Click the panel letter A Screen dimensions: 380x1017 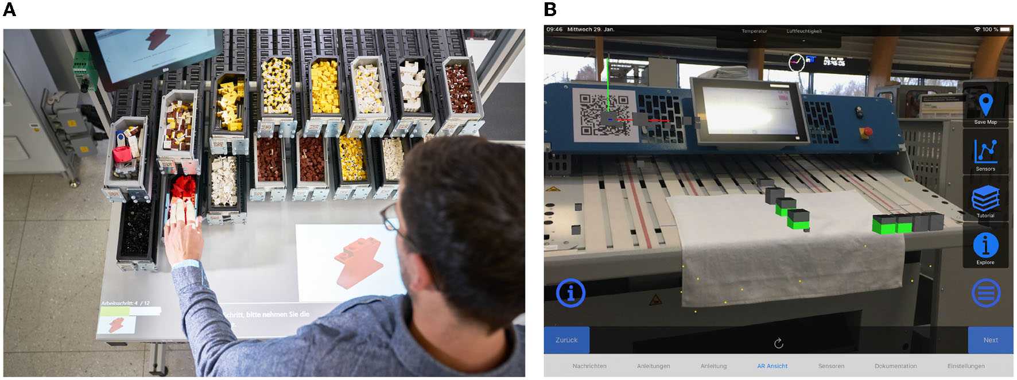coord(10,9)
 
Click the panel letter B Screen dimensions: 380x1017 coord(550,9)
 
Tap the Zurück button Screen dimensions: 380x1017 coord(566,340)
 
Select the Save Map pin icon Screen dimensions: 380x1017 coord(985,104)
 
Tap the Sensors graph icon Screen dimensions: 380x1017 coord(985,151)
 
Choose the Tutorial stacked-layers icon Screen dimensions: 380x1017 coord(985,198)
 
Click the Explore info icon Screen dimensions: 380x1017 coord(985,245)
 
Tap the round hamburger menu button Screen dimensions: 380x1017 coord(986,293)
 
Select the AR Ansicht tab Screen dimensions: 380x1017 coord(772,366)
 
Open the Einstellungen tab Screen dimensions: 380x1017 coord(966,366)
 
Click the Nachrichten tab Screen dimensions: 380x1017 coord(589,366)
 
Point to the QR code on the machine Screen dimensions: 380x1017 coord(603,114)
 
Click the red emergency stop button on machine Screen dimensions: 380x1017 coord(867,133)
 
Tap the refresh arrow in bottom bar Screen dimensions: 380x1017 coord(779,343)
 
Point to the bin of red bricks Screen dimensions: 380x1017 coord(183,190)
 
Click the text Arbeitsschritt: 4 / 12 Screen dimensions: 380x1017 coord(126,303)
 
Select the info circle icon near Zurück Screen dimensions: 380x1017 coord(570,293)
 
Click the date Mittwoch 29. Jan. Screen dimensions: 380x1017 coord(591,29)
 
